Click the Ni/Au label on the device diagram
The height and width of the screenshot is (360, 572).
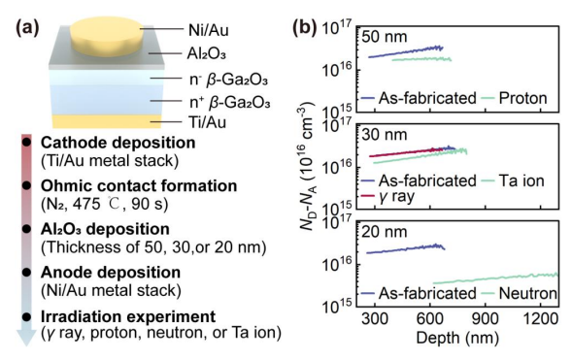208,30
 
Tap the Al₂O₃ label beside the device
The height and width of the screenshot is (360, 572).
207,54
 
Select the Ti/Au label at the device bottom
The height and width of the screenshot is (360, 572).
207,122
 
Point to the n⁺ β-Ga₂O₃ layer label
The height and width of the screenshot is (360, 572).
229,103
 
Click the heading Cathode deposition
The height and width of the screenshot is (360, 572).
118,143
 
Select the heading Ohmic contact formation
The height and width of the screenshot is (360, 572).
139,186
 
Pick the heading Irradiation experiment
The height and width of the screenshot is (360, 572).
128,316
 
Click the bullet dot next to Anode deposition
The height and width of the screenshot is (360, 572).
26,273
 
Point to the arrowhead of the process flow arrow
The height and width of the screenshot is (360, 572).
26,337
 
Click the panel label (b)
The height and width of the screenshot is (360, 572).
304,28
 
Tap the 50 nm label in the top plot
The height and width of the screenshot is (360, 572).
385,37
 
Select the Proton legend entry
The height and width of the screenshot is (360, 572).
515,98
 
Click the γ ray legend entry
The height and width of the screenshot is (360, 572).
388,196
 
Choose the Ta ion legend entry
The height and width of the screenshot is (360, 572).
513,180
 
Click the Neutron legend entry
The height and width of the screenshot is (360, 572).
520,293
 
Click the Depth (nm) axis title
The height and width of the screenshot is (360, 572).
457,338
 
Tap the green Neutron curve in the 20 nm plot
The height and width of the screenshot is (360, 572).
495,278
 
